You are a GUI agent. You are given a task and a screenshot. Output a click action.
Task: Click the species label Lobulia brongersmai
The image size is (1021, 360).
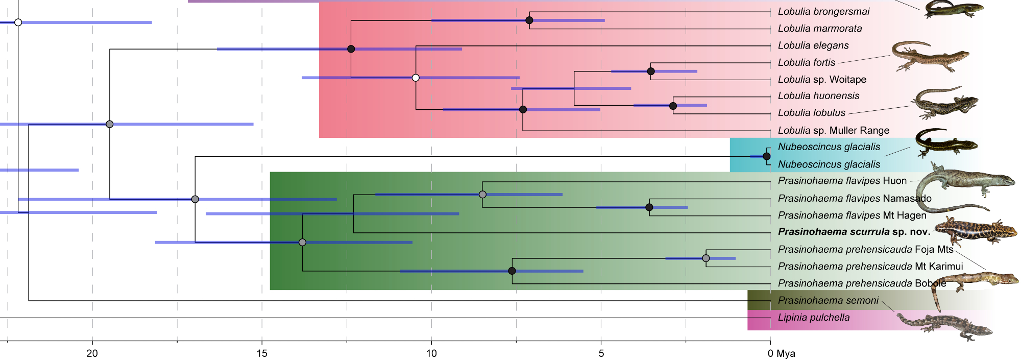[x=823, y=12]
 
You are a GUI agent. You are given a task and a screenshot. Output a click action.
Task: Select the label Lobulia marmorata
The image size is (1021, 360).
[x=819, y=29]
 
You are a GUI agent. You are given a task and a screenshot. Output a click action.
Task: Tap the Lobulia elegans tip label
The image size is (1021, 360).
[x=813, y=45]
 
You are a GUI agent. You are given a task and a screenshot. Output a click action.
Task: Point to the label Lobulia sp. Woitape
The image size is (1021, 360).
[x=821, y=79]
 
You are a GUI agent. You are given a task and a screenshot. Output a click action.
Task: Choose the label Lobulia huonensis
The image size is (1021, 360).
[x=818, y=96]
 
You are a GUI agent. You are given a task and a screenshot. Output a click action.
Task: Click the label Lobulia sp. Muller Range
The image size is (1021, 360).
[x=833, y=130]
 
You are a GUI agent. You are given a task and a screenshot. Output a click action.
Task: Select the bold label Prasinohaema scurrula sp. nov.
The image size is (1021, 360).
[x=854, y=232]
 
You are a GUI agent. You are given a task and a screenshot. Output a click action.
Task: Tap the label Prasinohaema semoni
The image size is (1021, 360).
[x=828, y=301]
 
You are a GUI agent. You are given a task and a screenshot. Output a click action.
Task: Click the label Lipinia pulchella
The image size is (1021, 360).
[x=813, y=318]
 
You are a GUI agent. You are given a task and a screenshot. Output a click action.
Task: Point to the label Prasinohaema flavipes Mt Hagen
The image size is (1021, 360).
[x=852, y=215]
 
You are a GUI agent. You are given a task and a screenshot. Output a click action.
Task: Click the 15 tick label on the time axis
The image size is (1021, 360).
[x=262, y=353]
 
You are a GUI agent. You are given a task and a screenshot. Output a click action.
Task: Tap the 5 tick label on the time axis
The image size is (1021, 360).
[x=601, y=353]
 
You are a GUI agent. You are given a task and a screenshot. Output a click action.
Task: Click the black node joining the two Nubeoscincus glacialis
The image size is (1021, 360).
[x=766, y=156]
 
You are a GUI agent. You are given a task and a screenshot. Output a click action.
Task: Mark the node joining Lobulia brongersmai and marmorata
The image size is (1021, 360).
[x=529, y=20]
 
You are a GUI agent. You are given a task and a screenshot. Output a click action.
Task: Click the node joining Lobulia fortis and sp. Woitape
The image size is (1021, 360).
[x=651, y=71]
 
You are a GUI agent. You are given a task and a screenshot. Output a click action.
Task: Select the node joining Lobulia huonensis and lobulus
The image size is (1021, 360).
[x=673, y=106]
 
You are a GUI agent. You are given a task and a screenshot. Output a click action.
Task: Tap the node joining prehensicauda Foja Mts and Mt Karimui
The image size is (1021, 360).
[x=706, y=258]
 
